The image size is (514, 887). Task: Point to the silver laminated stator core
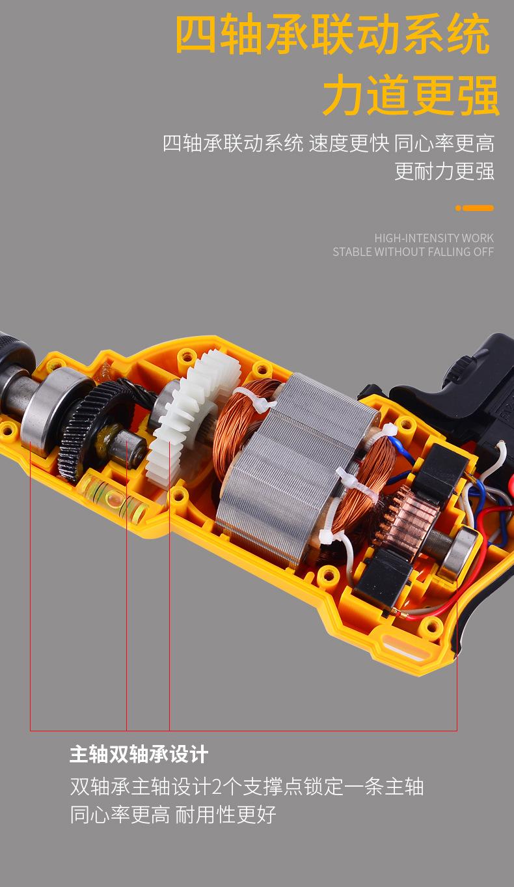tap(293, 467)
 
